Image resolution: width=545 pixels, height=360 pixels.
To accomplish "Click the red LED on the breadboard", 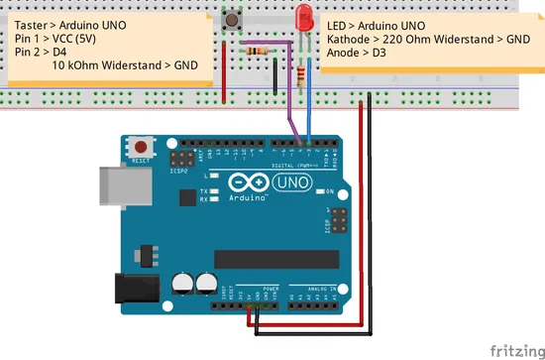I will (303, 17).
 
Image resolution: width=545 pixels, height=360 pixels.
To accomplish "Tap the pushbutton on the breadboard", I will (236, 19).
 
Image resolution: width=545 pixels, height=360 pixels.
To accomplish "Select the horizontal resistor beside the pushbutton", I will (261, 50).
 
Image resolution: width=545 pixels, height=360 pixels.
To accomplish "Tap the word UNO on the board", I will (294, 183).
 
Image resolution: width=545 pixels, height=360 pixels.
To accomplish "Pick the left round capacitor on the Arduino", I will (183, 283).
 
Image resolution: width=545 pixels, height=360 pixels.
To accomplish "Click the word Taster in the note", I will (35, 21).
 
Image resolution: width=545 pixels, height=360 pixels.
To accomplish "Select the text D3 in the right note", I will (378, 55).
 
